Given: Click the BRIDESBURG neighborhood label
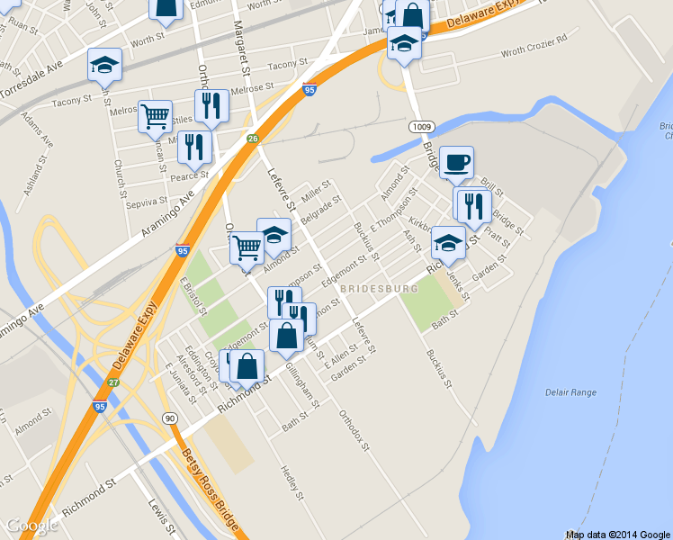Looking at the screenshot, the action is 379,288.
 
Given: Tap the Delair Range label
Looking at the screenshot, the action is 570,392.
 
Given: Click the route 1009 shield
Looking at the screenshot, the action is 418,126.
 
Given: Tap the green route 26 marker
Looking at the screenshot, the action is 254,139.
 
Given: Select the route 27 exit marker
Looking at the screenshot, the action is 114,382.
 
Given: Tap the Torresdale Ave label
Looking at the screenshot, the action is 31,80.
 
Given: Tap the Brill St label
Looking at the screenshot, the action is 492,184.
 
